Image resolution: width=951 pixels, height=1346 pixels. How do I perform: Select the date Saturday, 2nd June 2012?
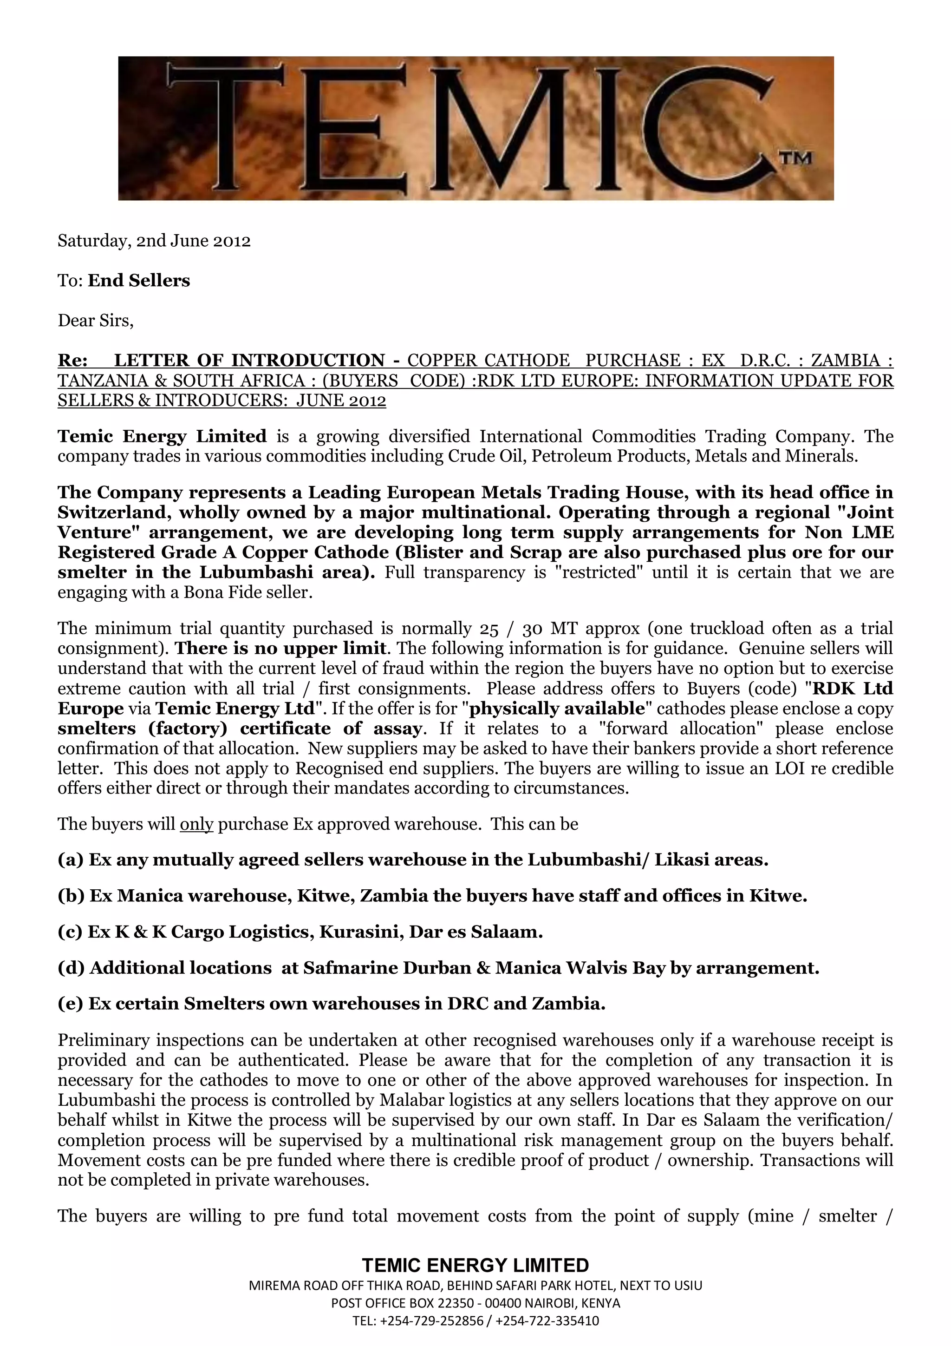click(154, 241)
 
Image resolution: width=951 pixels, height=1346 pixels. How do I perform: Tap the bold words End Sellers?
click(139, 281)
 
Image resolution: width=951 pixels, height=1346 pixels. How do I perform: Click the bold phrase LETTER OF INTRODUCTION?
click(249, 360)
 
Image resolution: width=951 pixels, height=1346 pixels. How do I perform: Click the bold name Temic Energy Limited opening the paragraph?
click(162, 436)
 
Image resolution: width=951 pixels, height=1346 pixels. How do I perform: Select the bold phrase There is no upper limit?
click(280, 649)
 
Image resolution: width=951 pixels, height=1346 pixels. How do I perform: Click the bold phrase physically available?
click(557, 708)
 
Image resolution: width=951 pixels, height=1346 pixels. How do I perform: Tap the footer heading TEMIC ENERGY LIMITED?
click(475, 1266)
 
